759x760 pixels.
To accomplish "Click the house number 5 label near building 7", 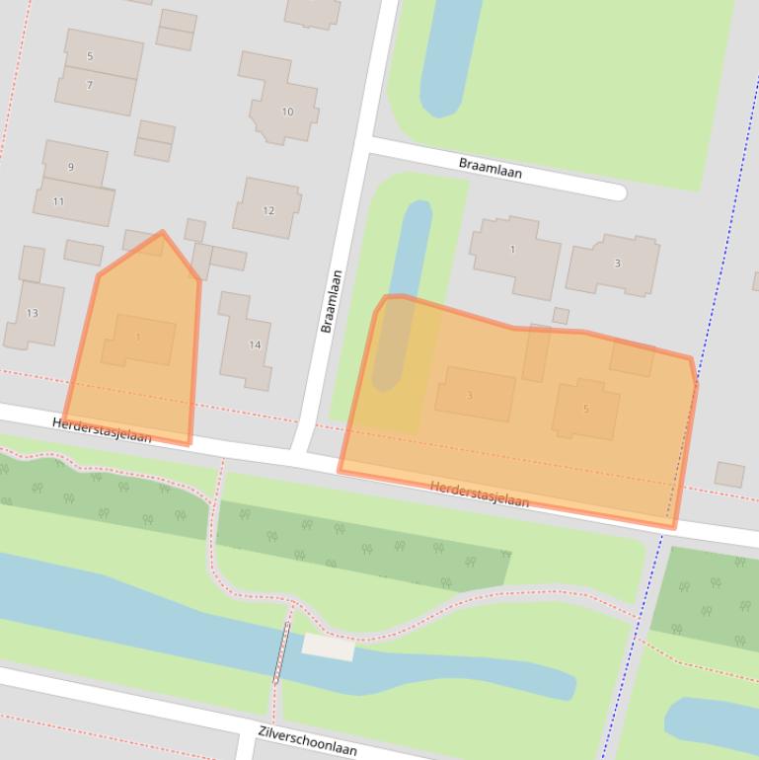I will point(90,56).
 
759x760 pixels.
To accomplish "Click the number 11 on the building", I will point(58,201).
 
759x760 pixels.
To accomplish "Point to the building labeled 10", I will point(286,111).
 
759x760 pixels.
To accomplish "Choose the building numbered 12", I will point(267,210).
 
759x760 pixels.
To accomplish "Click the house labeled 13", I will point(33,313).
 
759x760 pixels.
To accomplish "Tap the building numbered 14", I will point(254,344).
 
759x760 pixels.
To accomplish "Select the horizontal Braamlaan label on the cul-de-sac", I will point(490,169).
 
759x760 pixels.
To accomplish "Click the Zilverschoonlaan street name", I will point(307,741).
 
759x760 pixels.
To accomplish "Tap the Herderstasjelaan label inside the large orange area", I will point(480,494).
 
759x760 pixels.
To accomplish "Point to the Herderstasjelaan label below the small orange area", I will point(102,429).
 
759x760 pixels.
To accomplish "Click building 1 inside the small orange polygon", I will point(139,339).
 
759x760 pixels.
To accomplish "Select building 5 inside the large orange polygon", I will point(585,409).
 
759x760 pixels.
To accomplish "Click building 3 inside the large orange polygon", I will point(471,395).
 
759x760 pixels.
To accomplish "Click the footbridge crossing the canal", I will point(281,652).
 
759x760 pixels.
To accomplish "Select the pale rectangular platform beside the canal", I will point(328,647).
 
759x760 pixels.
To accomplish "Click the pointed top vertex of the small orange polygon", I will point(162,233).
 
